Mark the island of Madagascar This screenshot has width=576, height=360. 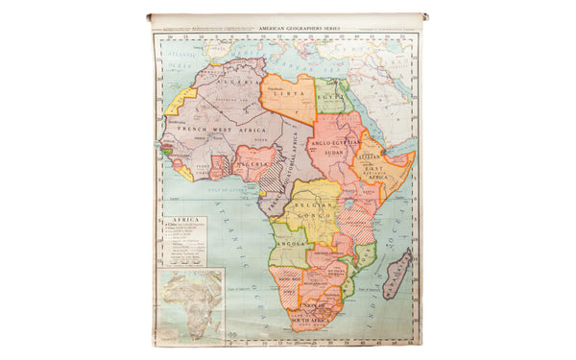click(x=397, y=273)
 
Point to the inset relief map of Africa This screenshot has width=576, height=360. click(x=191, y=305)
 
